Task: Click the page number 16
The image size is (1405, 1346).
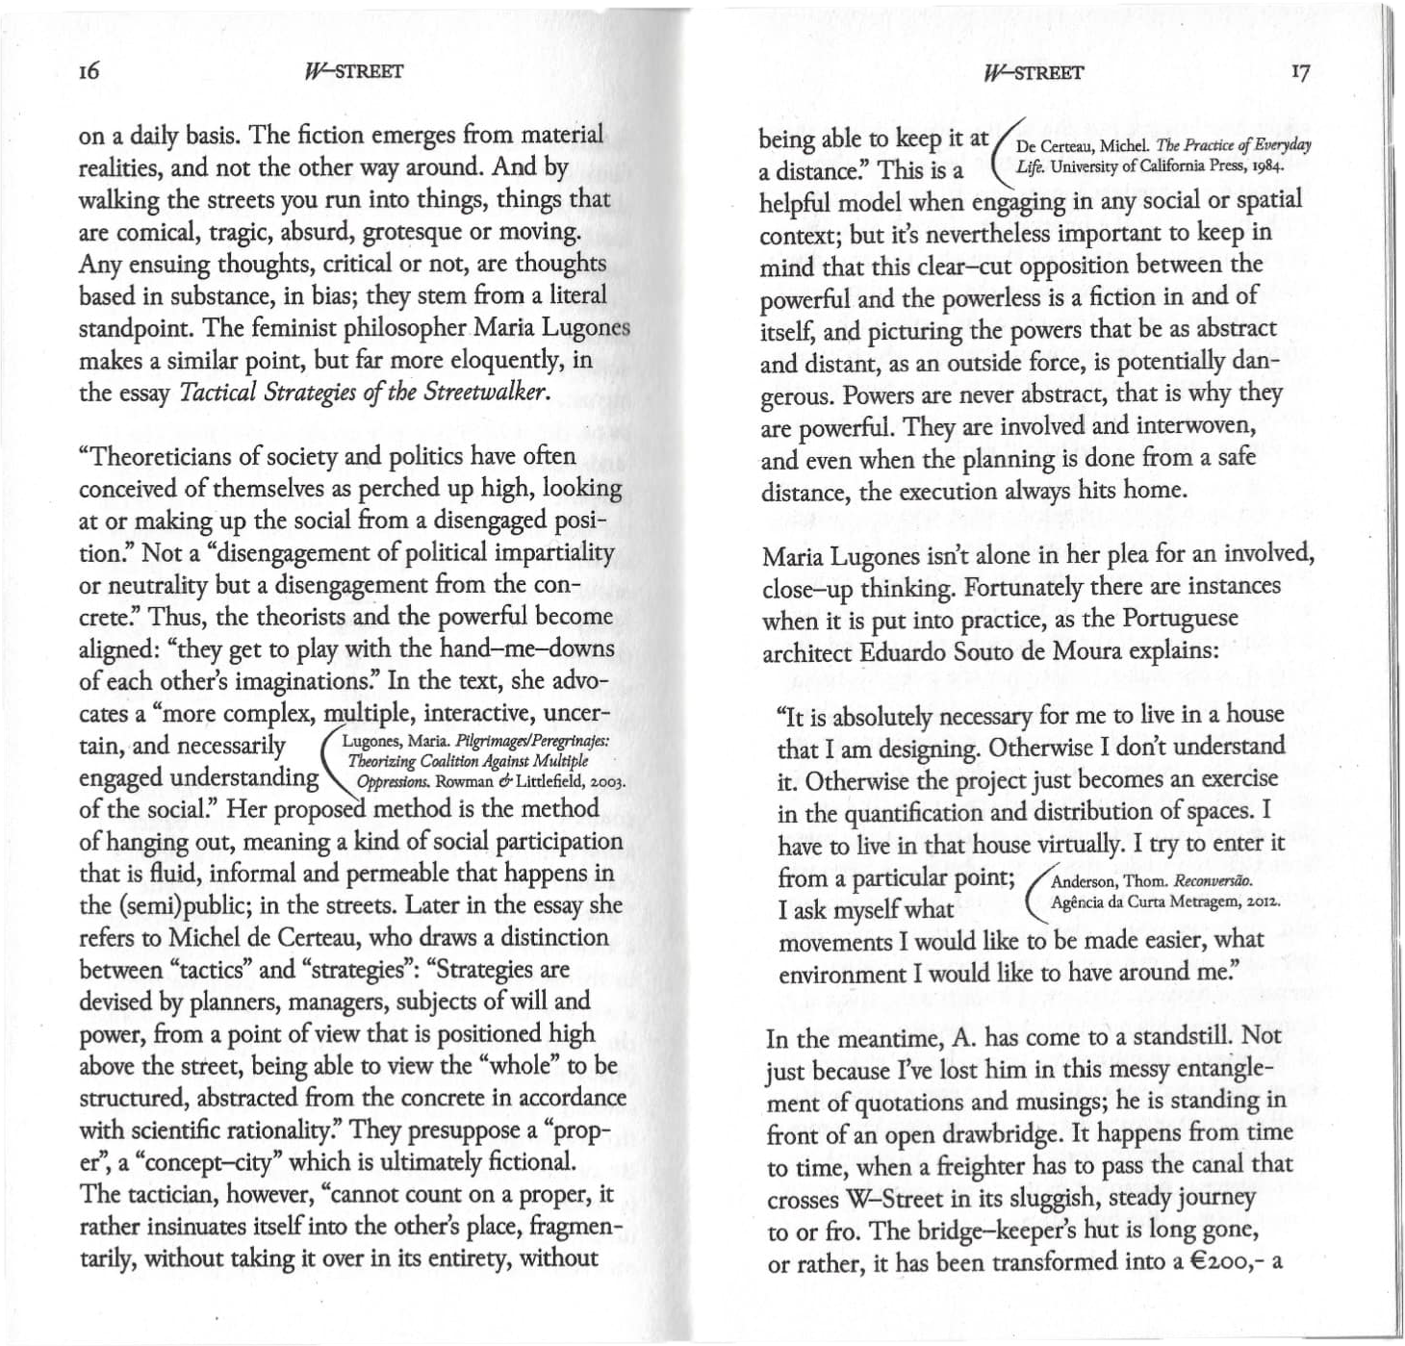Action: tap(89, 71)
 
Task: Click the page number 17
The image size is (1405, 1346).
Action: tap(1300, 73)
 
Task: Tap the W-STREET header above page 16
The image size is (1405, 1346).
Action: tap(352, 71)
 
